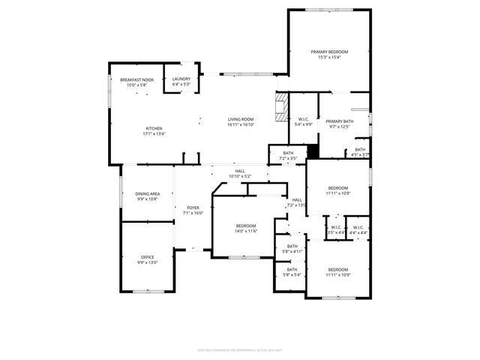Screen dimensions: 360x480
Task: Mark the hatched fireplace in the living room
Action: pos(280,107)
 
